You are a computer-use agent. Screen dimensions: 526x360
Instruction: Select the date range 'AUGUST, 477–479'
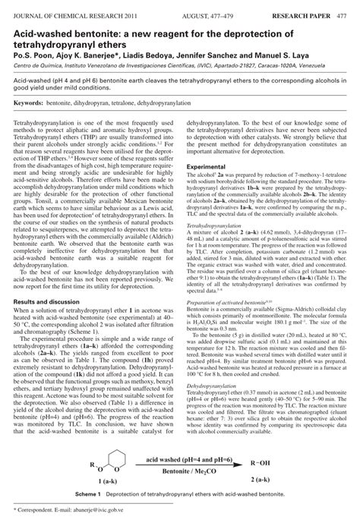pos(206,6)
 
